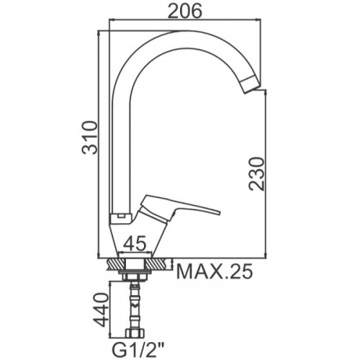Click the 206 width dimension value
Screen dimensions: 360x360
(184, 11)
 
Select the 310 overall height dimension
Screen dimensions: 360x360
(90, 138)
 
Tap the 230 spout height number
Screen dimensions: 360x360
(256, 174)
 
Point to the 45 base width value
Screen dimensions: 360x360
(135, 243)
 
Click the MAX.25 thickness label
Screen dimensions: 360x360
(215, 271)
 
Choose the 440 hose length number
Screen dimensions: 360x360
(99, 310)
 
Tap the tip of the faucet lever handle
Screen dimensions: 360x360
(219, 212)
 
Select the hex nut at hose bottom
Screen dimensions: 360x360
(135, 333)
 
